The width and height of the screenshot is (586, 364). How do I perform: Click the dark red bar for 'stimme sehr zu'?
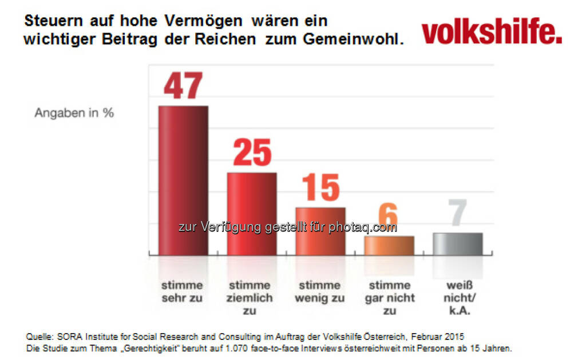[183, 180]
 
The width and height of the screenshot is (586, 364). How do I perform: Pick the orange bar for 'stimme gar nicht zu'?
[389, 246]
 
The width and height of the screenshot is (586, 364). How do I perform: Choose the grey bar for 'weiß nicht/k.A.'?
[458, 244]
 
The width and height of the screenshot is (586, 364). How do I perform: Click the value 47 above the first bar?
[183, 86]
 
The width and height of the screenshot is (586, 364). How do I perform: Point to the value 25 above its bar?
[252, 153]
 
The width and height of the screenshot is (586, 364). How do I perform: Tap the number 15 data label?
[320, 187]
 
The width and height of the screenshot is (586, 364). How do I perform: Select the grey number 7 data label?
[458, 213]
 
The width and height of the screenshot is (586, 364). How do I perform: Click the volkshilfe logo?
[492, 33]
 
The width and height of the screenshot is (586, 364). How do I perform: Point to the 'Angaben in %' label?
[74, 113]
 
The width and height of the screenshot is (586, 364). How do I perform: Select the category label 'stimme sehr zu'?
[182, 291]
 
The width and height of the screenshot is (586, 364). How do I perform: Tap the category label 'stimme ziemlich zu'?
[251, 298]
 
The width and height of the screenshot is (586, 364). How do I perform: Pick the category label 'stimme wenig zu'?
[320, 291]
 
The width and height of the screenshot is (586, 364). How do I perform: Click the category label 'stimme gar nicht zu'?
[389, 298]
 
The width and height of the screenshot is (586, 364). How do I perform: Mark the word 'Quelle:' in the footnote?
[38, 335]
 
